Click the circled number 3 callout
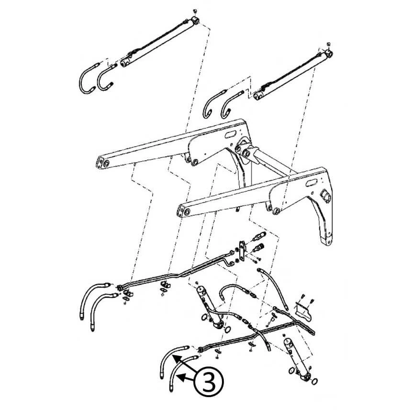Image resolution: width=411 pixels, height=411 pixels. pos(209,382)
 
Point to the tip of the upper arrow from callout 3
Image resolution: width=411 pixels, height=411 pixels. pos(172,355)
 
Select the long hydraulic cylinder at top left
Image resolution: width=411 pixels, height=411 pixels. pos(160,42)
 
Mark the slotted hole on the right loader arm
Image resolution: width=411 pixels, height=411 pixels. pos(312,182)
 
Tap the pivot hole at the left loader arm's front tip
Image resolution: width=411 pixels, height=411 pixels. pos(106,163)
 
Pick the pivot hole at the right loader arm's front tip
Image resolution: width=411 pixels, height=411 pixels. pos(187,212)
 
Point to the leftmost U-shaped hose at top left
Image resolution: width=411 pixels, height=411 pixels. pos(88,78)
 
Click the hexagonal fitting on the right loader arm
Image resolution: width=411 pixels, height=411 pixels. pos(326,195)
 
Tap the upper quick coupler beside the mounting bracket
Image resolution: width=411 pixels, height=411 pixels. pos(258,236)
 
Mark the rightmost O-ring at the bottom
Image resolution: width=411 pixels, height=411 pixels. pos(314,381)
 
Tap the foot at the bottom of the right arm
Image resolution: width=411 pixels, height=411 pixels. pos(327,241)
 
